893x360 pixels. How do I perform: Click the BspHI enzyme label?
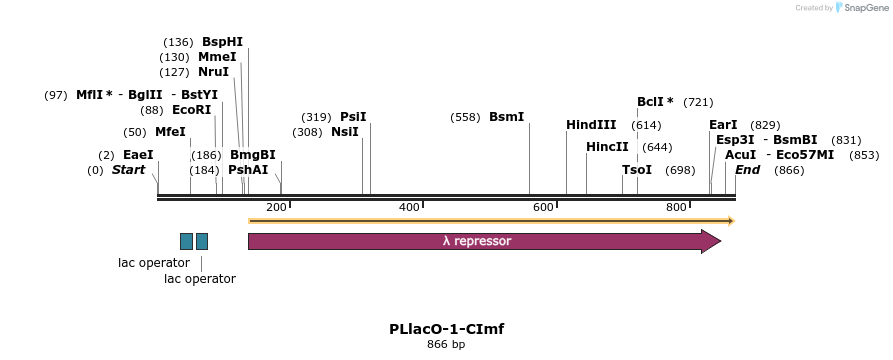[222, 42]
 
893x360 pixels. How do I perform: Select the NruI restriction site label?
[213, 72]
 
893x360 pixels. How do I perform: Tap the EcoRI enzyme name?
[191, 110]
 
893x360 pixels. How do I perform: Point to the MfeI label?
[170, 132]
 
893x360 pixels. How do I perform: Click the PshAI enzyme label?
[248, 170]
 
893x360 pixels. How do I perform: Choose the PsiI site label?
[353, 117]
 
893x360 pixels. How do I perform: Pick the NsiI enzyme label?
[345, 132]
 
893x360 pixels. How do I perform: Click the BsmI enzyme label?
[506, 117]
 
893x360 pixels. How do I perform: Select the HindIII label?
[591, 125]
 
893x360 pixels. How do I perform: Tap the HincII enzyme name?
[607, 147]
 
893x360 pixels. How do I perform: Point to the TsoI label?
[637, 170]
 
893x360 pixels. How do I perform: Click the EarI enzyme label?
[723, 125]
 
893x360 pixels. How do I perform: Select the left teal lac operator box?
[186, 241]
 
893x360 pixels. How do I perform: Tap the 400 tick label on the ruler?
[409, 207]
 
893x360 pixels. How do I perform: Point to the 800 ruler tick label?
[676, 207]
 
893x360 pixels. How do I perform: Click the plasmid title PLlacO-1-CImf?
[446, 329]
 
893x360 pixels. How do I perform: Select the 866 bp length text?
[446, 345]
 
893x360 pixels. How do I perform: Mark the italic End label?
[747, 170]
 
